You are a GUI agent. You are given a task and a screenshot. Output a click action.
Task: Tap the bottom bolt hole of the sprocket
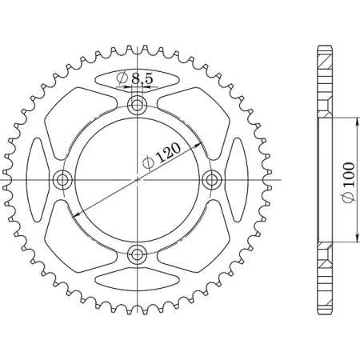click(138, 254)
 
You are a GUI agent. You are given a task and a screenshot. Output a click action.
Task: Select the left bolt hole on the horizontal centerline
click(62, 179)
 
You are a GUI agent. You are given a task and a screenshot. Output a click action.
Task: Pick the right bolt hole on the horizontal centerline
click(213, 179)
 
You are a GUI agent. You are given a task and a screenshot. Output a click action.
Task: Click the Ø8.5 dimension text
click(137, 78)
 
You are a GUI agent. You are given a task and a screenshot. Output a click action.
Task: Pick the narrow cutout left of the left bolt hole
click(37, 179)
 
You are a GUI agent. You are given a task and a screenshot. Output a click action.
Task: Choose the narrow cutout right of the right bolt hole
click(238, 179)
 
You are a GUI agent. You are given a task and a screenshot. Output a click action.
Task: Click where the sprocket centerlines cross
click(138, 179)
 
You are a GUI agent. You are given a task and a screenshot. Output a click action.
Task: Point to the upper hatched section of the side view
click(326, 80)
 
